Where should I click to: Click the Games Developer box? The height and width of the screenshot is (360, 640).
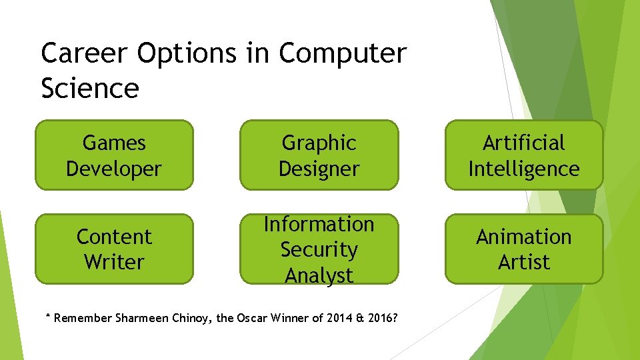114,155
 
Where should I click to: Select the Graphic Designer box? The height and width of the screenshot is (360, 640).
319,155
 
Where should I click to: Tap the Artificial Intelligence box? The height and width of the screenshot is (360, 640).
524,155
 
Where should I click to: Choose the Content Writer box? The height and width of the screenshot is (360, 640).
114,249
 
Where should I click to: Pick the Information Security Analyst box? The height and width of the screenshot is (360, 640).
319,249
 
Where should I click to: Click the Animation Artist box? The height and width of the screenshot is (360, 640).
524,249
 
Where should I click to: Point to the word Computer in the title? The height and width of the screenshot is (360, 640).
342,53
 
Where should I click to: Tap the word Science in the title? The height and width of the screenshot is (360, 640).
90,88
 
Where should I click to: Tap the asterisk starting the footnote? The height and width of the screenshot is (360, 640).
47,317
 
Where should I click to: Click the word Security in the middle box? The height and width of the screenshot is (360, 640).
319,249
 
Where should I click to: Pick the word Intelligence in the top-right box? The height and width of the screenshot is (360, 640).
524,169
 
